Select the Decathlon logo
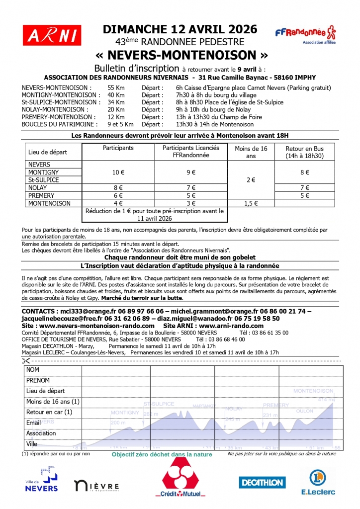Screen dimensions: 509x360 click(262, 482)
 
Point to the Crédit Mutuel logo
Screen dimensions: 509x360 click(180, 478)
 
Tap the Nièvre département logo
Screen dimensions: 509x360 click(96, 486)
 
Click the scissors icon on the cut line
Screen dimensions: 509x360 click(26, 361)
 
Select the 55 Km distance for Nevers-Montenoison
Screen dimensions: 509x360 click(115, 88)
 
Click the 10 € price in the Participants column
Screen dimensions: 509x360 click(118, 172)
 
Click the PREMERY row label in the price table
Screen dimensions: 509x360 click(41, 195)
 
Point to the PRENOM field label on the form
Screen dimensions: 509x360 click(38, 380)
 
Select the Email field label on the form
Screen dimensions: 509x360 click(34, 423)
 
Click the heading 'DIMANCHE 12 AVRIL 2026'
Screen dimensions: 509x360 click(180, 29)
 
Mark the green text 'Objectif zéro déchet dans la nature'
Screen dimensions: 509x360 click(162, 454)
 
